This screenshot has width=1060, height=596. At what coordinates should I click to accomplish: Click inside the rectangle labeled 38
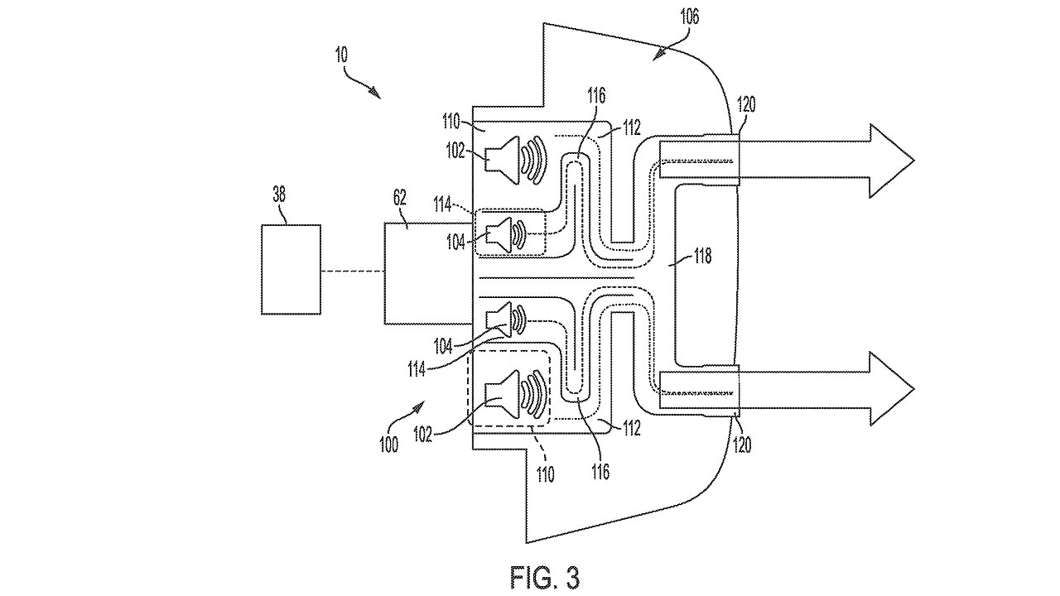291,270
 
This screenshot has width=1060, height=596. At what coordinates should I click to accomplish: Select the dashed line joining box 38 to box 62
353,271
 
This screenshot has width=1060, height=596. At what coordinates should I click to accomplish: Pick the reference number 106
689,17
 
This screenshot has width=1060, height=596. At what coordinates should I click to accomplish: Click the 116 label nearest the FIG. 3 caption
600,472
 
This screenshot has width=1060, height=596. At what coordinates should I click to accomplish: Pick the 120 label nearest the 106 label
744,104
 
